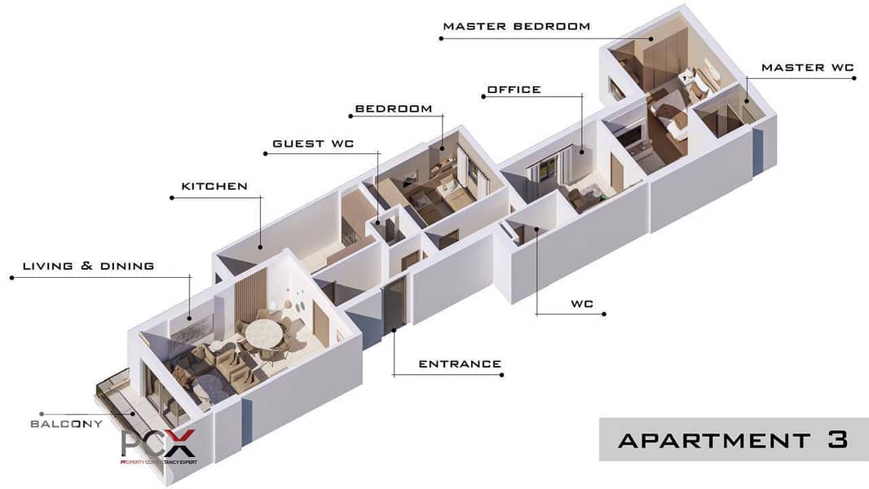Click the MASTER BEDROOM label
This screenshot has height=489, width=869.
[517, 26]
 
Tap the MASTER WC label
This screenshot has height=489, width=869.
[808, 68]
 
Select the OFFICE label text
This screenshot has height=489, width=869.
[514, 90]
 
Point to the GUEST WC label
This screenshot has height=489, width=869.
[313, 144]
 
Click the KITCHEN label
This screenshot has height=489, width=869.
[214, 187]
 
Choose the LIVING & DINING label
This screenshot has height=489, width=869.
[89, 267]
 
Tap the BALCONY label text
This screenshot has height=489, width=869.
[67, 424]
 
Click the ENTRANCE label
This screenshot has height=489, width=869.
[460, 364]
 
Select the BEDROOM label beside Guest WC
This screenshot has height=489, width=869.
[394, 109]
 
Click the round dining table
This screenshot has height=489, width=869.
[264, 334]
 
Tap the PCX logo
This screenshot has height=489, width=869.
[158, 446]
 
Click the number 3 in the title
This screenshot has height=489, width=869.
[837, 440]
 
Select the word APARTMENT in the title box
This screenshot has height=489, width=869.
[714, 441]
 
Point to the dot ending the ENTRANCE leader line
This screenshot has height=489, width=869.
[501, 375]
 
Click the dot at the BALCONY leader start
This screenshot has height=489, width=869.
[42, 414]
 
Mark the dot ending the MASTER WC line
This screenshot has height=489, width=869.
[854, 78]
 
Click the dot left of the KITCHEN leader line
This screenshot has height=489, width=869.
[172, 198]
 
